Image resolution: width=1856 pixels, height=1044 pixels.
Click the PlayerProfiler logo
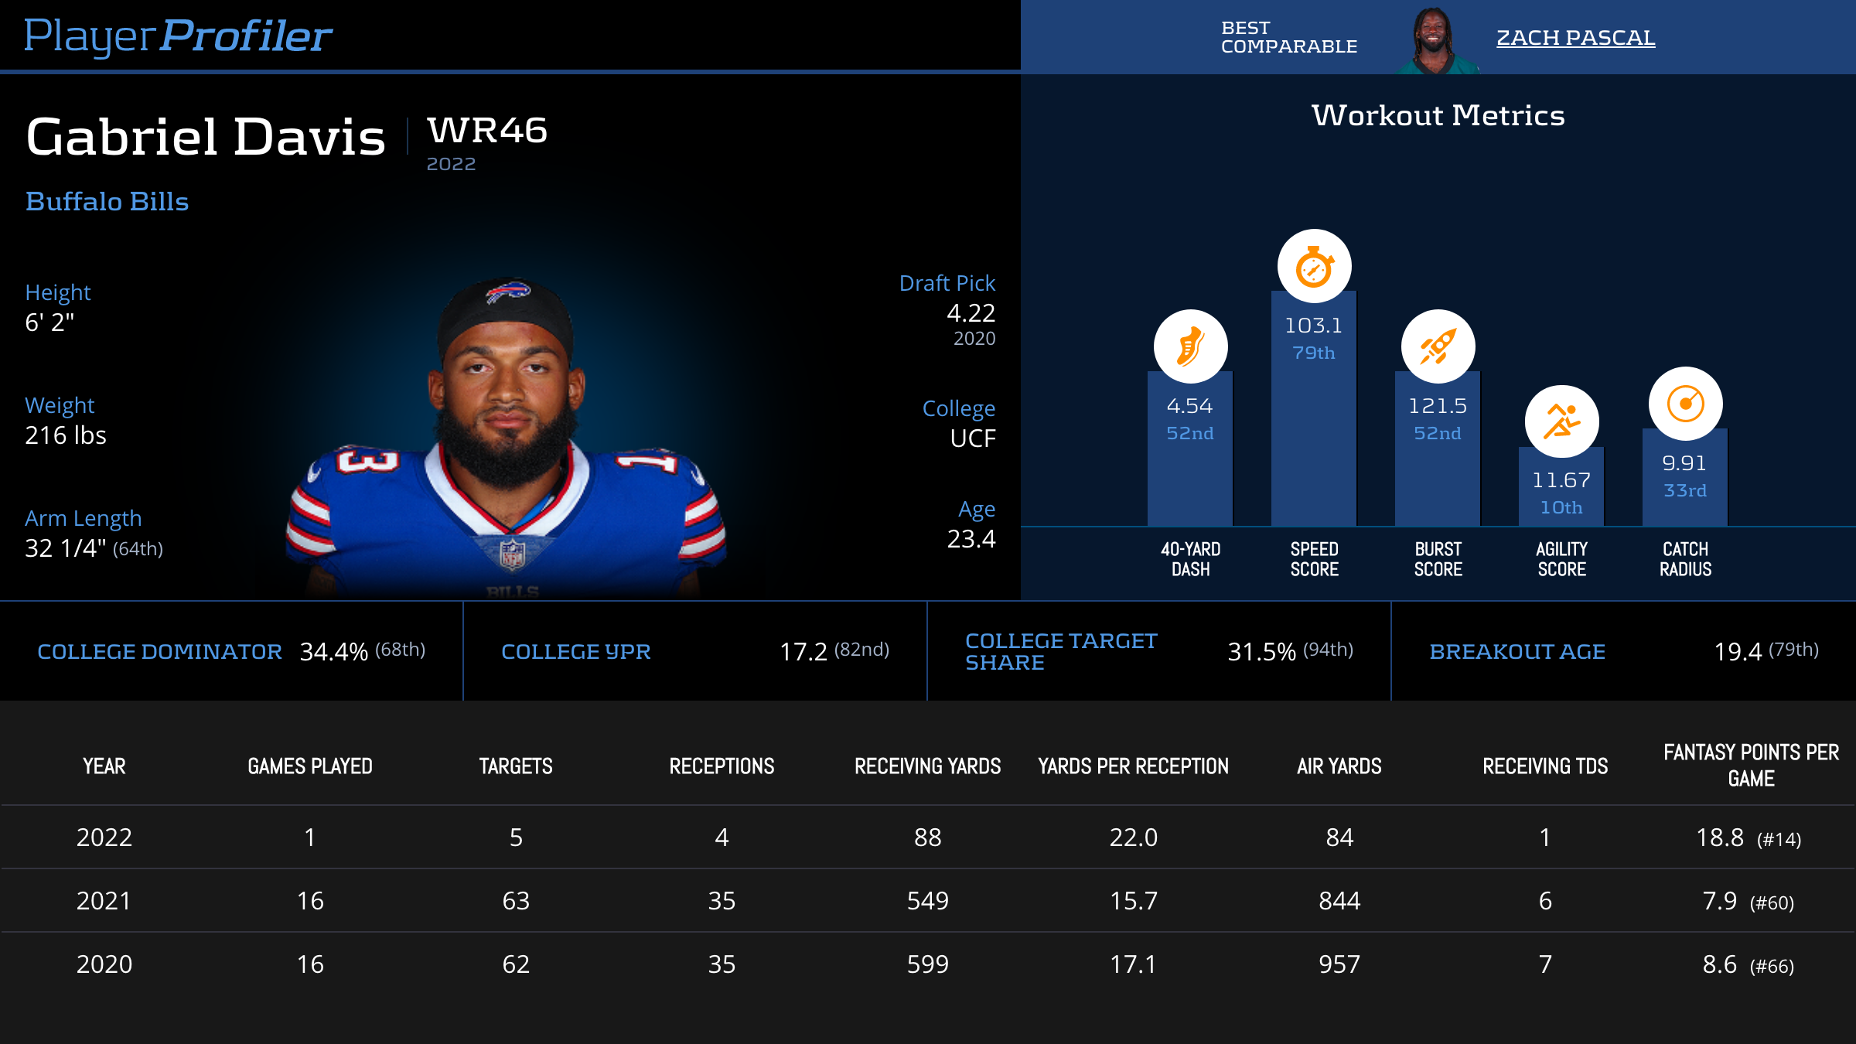178,36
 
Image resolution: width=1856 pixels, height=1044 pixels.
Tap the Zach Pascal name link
1575,37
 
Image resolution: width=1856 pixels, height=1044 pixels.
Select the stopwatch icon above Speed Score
1314,267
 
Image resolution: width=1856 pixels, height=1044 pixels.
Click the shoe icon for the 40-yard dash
1190,346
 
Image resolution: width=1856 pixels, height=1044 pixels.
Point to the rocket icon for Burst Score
1438,346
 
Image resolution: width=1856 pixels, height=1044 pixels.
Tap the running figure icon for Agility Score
1561,421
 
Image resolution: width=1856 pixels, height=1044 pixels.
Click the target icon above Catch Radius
1685,404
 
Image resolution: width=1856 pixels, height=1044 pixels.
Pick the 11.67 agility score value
1561,480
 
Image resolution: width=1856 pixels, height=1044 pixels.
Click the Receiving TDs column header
1545,766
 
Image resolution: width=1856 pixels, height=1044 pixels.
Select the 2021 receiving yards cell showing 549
927,901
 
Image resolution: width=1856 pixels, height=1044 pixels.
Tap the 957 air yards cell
1339,964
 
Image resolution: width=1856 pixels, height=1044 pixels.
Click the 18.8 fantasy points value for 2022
1720,838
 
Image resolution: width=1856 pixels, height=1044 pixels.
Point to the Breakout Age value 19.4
1738,652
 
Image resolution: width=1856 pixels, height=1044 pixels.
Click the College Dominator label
159,652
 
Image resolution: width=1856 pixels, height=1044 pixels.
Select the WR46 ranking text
487,130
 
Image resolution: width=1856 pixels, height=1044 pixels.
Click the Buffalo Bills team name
107,202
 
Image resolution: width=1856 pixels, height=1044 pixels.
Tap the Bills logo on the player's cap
507,293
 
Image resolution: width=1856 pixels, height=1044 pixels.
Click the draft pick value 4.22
971,313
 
